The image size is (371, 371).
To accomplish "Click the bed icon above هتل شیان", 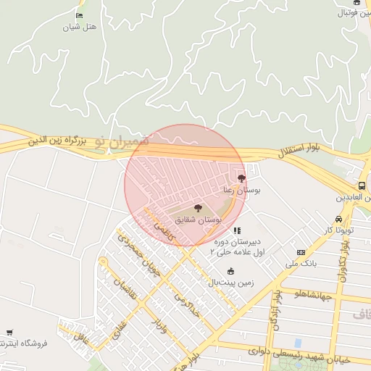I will point(79,16).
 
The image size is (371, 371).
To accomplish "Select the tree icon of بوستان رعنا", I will point(241,178).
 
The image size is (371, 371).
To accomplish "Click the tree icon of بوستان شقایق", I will point(199,209).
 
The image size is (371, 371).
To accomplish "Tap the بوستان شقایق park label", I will point(199,219).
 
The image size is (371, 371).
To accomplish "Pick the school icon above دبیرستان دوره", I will point(237,231).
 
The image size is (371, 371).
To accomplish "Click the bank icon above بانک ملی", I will point(301,252).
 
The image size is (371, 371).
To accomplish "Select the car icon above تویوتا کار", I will point(338,219).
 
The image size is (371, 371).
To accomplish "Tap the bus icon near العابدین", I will point(362,185).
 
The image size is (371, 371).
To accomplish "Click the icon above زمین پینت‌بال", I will point(231,271).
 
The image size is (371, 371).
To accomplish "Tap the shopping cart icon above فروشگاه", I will point(9,333).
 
